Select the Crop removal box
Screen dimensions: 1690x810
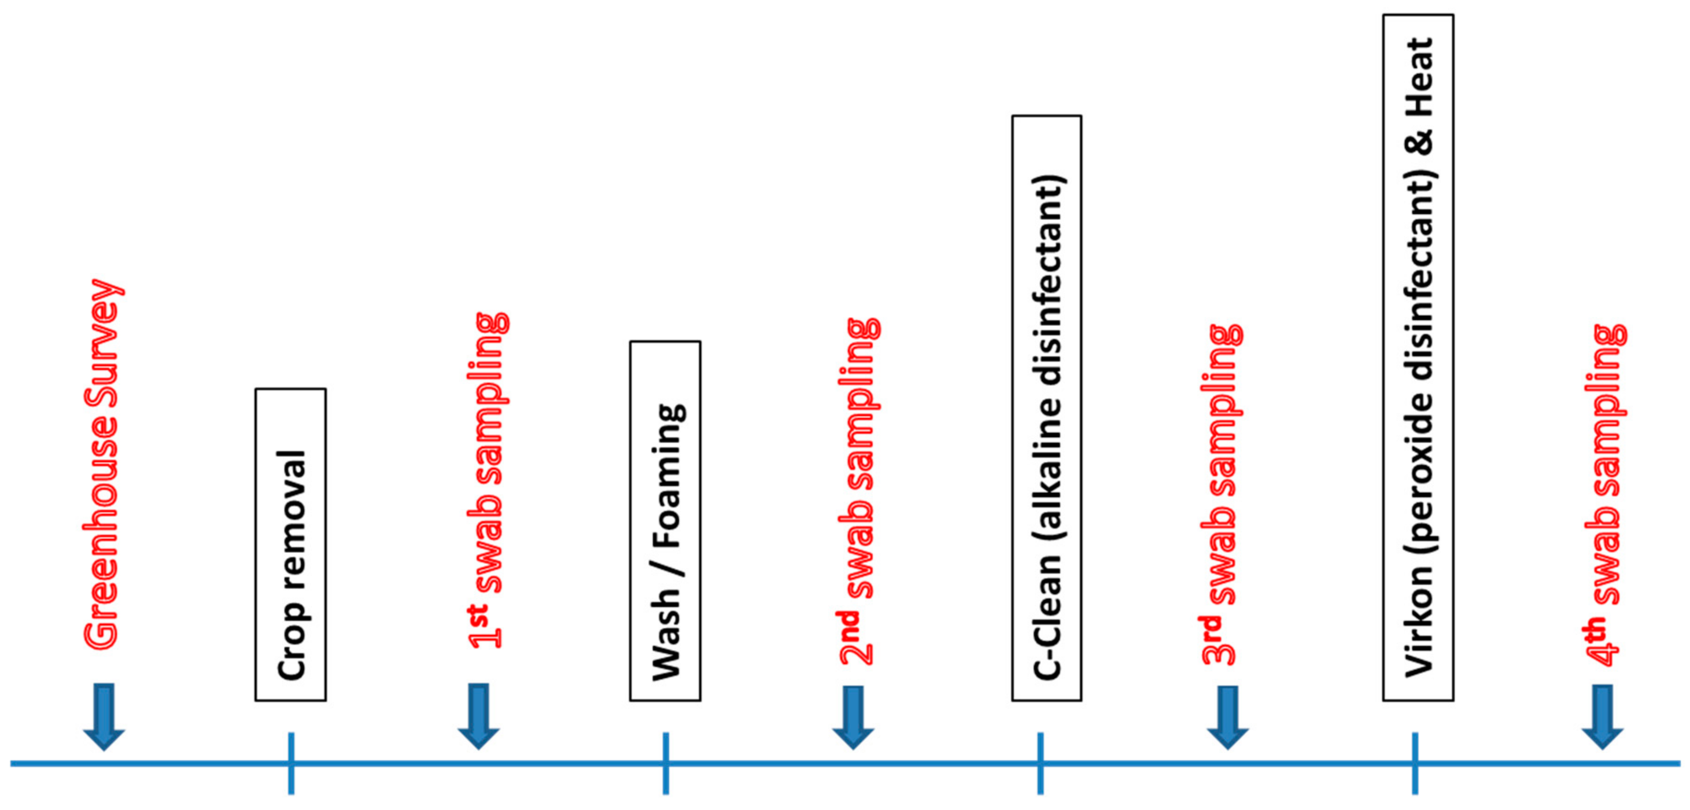coord(291,544)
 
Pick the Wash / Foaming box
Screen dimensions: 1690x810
coord(665,521)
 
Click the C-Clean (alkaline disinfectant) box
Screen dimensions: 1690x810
coord(1047,408)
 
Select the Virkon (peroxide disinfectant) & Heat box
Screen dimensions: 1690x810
coord(1418,357)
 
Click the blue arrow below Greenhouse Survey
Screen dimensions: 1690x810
coord(104,715)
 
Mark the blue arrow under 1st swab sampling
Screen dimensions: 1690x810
coord(478,715)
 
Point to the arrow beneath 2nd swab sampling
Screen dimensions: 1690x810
coord(853,717)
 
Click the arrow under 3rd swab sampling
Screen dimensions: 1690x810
coord(1227,717)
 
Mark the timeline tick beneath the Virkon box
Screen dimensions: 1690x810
coord(1415,763)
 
